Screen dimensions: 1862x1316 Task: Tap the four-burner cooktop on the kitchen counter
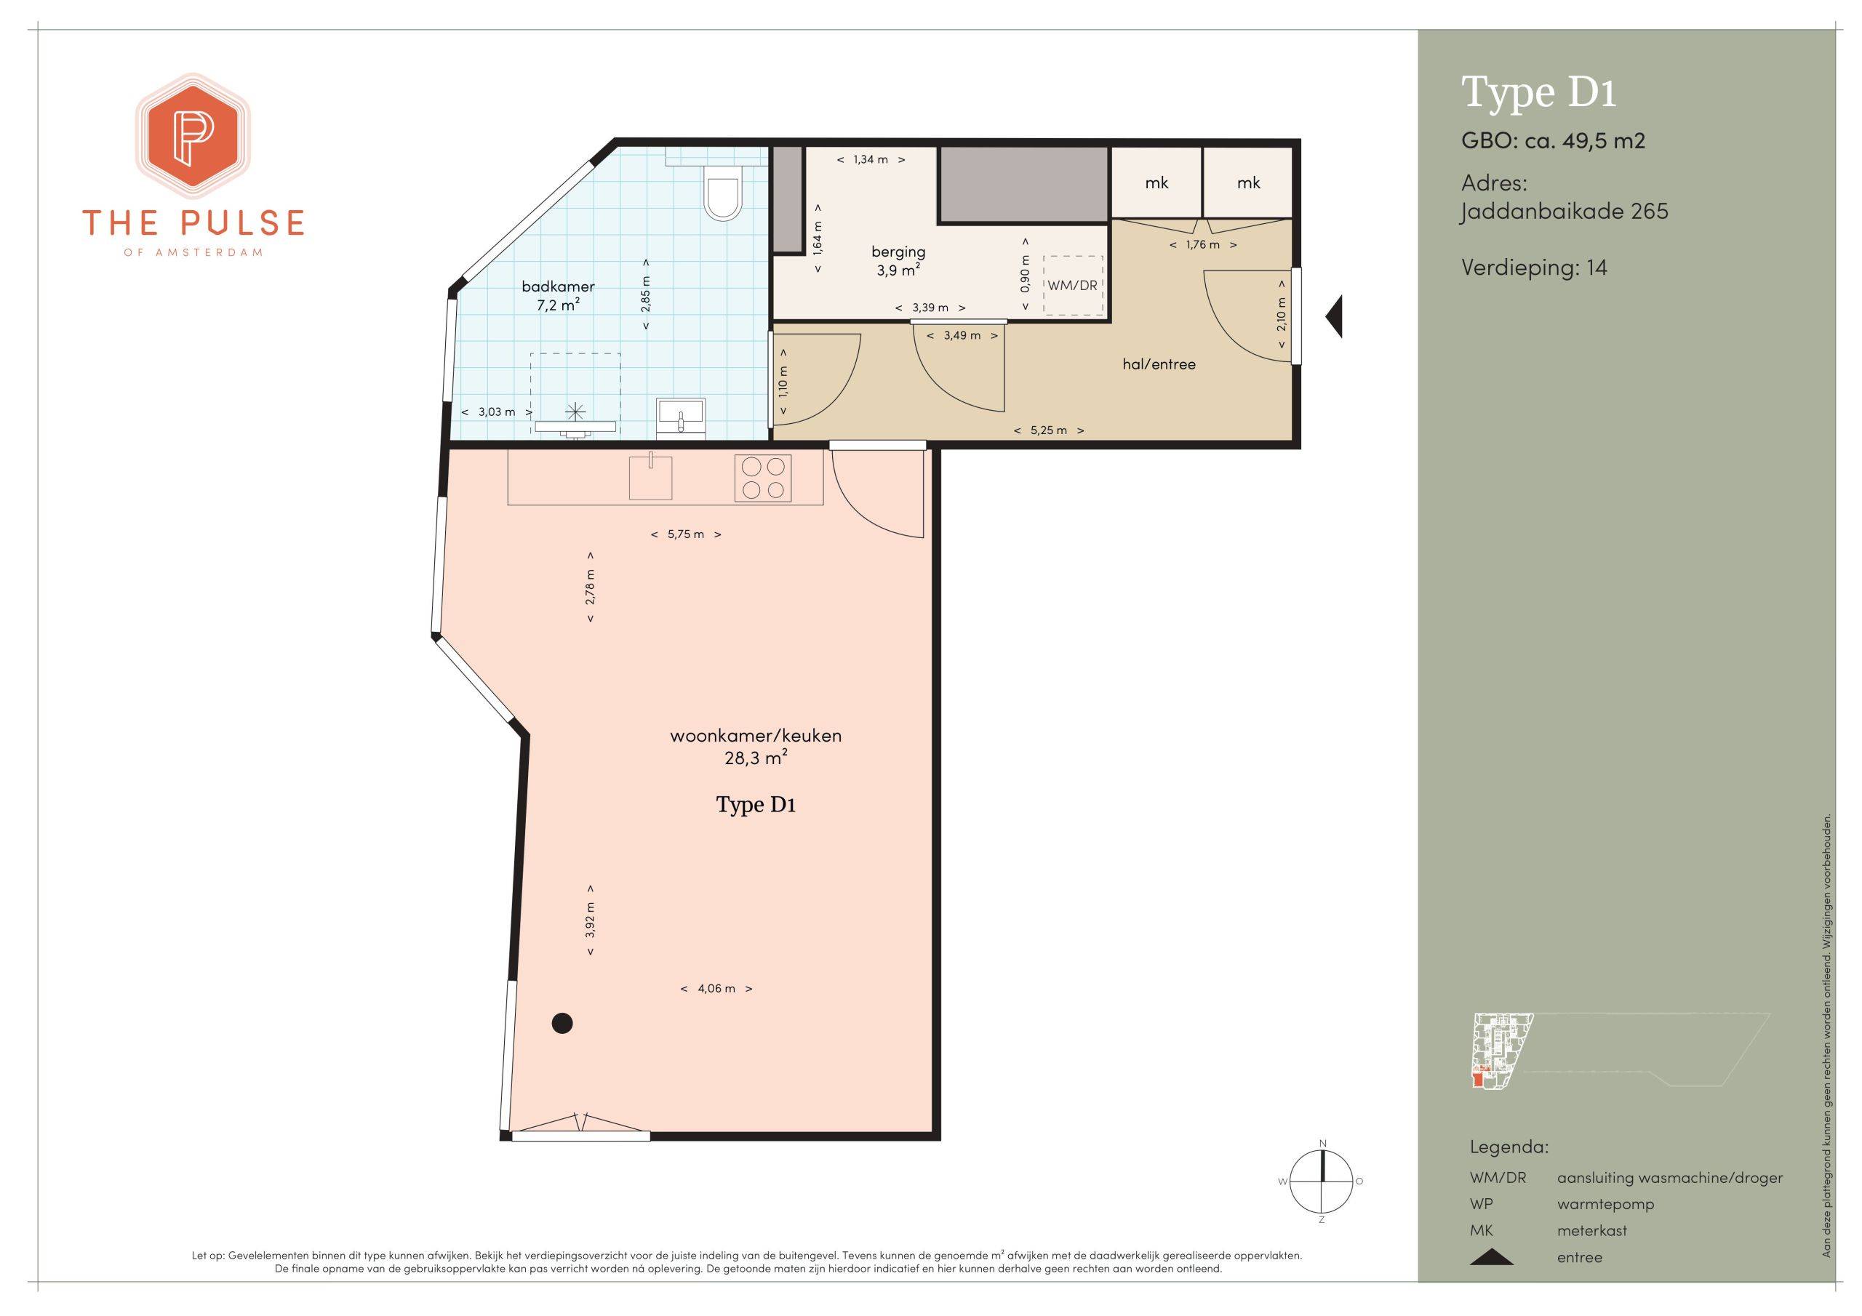(x=763, y=478)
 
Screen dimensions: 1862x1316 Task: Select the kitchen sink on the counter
(x=650, y=477)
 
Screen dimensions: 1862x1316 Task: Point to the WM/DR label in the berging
(x=1072, y=286)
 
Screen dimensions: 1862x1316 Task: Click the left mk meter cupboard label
(x=1156, y=183)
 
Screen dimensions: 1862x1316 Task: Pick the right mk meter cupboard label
(x=1249, y=183)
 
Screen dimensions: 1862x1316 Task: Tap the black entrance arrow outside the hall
(x=1334, y=316)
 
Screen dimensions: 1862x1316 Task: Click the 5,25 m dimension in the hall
(x=1049, y=430)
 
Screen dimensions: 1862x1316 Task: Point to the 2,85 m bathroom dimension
(x=646, y=294)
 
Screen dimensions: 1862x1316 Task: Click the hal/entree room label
(x=1159, y=364)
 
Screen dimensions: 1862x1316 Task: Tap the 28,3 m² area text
(x=756, y=758)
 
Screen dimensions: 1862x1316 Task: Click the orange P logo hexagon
(x=193, y=135)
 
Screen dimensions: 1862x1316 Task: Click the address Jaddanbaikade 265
(x=1565, y=212)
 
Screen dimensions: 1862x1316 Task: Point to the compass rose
(x=1322, y=1181)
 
